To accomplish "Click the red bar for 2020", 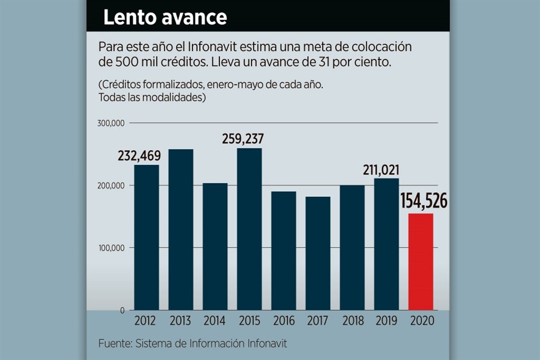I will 421,262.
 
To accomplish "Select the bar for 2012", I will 146,237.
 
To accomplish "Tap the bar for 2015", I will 249,229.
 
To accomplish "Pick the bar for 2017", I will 318,253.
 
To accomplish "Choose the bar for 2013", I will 181,229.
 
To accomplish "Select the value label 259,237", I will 242,139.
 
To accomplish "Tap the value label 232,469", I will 138,156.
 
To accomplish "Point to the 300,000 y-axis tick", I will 111,123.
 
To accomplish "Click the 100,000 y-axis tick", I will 111,248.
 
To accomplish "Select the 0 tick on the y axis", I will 121,310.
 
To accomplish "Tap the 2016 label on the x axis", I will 283,321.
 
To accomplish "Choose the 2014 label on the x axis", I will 215,321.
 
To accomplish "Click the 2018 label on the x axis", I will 352,321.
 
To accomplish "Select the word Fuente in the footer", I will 114,343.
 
